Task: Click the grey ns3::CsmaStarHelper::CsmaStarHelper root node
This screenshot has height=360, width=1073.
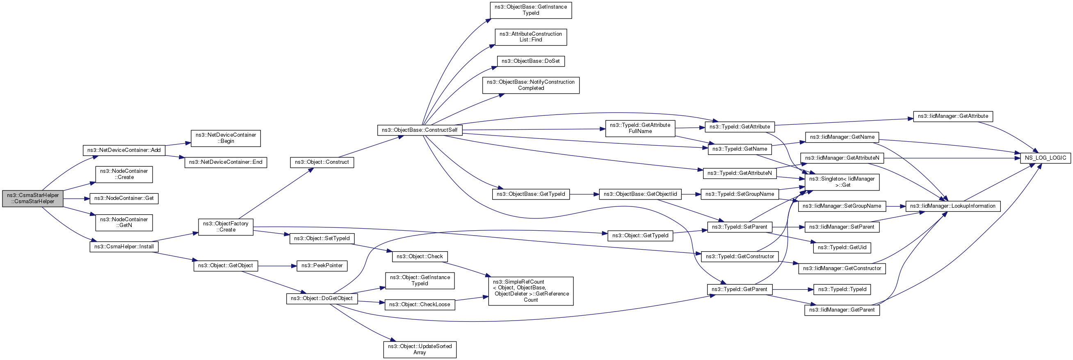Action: (33, 198)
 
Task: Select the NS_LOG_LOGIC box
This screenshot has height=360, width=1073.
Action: (1045, 158)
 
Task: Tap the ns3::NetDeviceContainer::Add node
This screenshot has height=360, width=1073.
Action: (124, 150)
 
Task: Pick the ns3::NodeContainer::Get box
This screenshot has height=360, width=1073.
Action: (124, 198)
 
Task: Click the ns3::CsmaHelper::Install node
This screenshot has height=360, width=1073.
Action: (124, 247)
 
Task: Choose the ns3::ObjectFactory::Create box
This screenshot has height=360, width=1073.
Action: (226, 227)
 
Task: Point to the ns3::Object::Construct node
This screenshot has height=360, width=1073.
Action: (322, 162)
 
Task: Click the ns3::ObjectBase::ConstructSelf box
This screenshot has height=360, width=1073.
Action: (420, 130)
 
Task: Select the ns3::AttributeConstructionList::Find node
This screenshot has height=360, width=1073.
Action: (531, 37)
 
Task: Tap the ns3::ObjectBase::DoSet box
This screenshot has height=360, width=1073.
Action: (531, 61)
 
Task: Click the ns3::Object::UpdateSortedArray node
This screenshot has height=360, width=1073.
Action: (420, 350)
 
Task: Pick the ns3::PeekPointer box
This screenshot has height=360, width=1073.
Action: (322, 266)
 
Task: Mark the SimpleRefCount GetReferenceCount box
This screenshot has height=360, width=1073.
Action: (531, 291)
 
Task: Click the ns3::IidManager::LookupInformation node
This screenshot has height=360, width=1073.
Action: (953, 206)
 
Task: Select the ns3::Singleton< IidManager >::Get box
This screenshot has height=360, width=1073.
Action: (842, 182)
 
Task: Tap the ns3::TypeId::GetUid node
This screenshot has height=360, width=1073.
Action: (842, 248)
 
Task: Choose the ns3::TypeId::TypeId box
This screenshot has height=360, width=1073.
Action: (842, 289)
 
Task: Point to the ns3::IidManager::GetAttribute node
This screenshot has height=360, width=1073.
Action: (953, 116)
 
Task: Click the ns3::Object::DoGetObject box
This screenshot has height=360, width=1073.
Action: (322, 299)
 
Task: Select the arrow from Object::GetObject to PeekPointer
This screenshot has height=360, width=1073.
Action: (277, 266)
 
